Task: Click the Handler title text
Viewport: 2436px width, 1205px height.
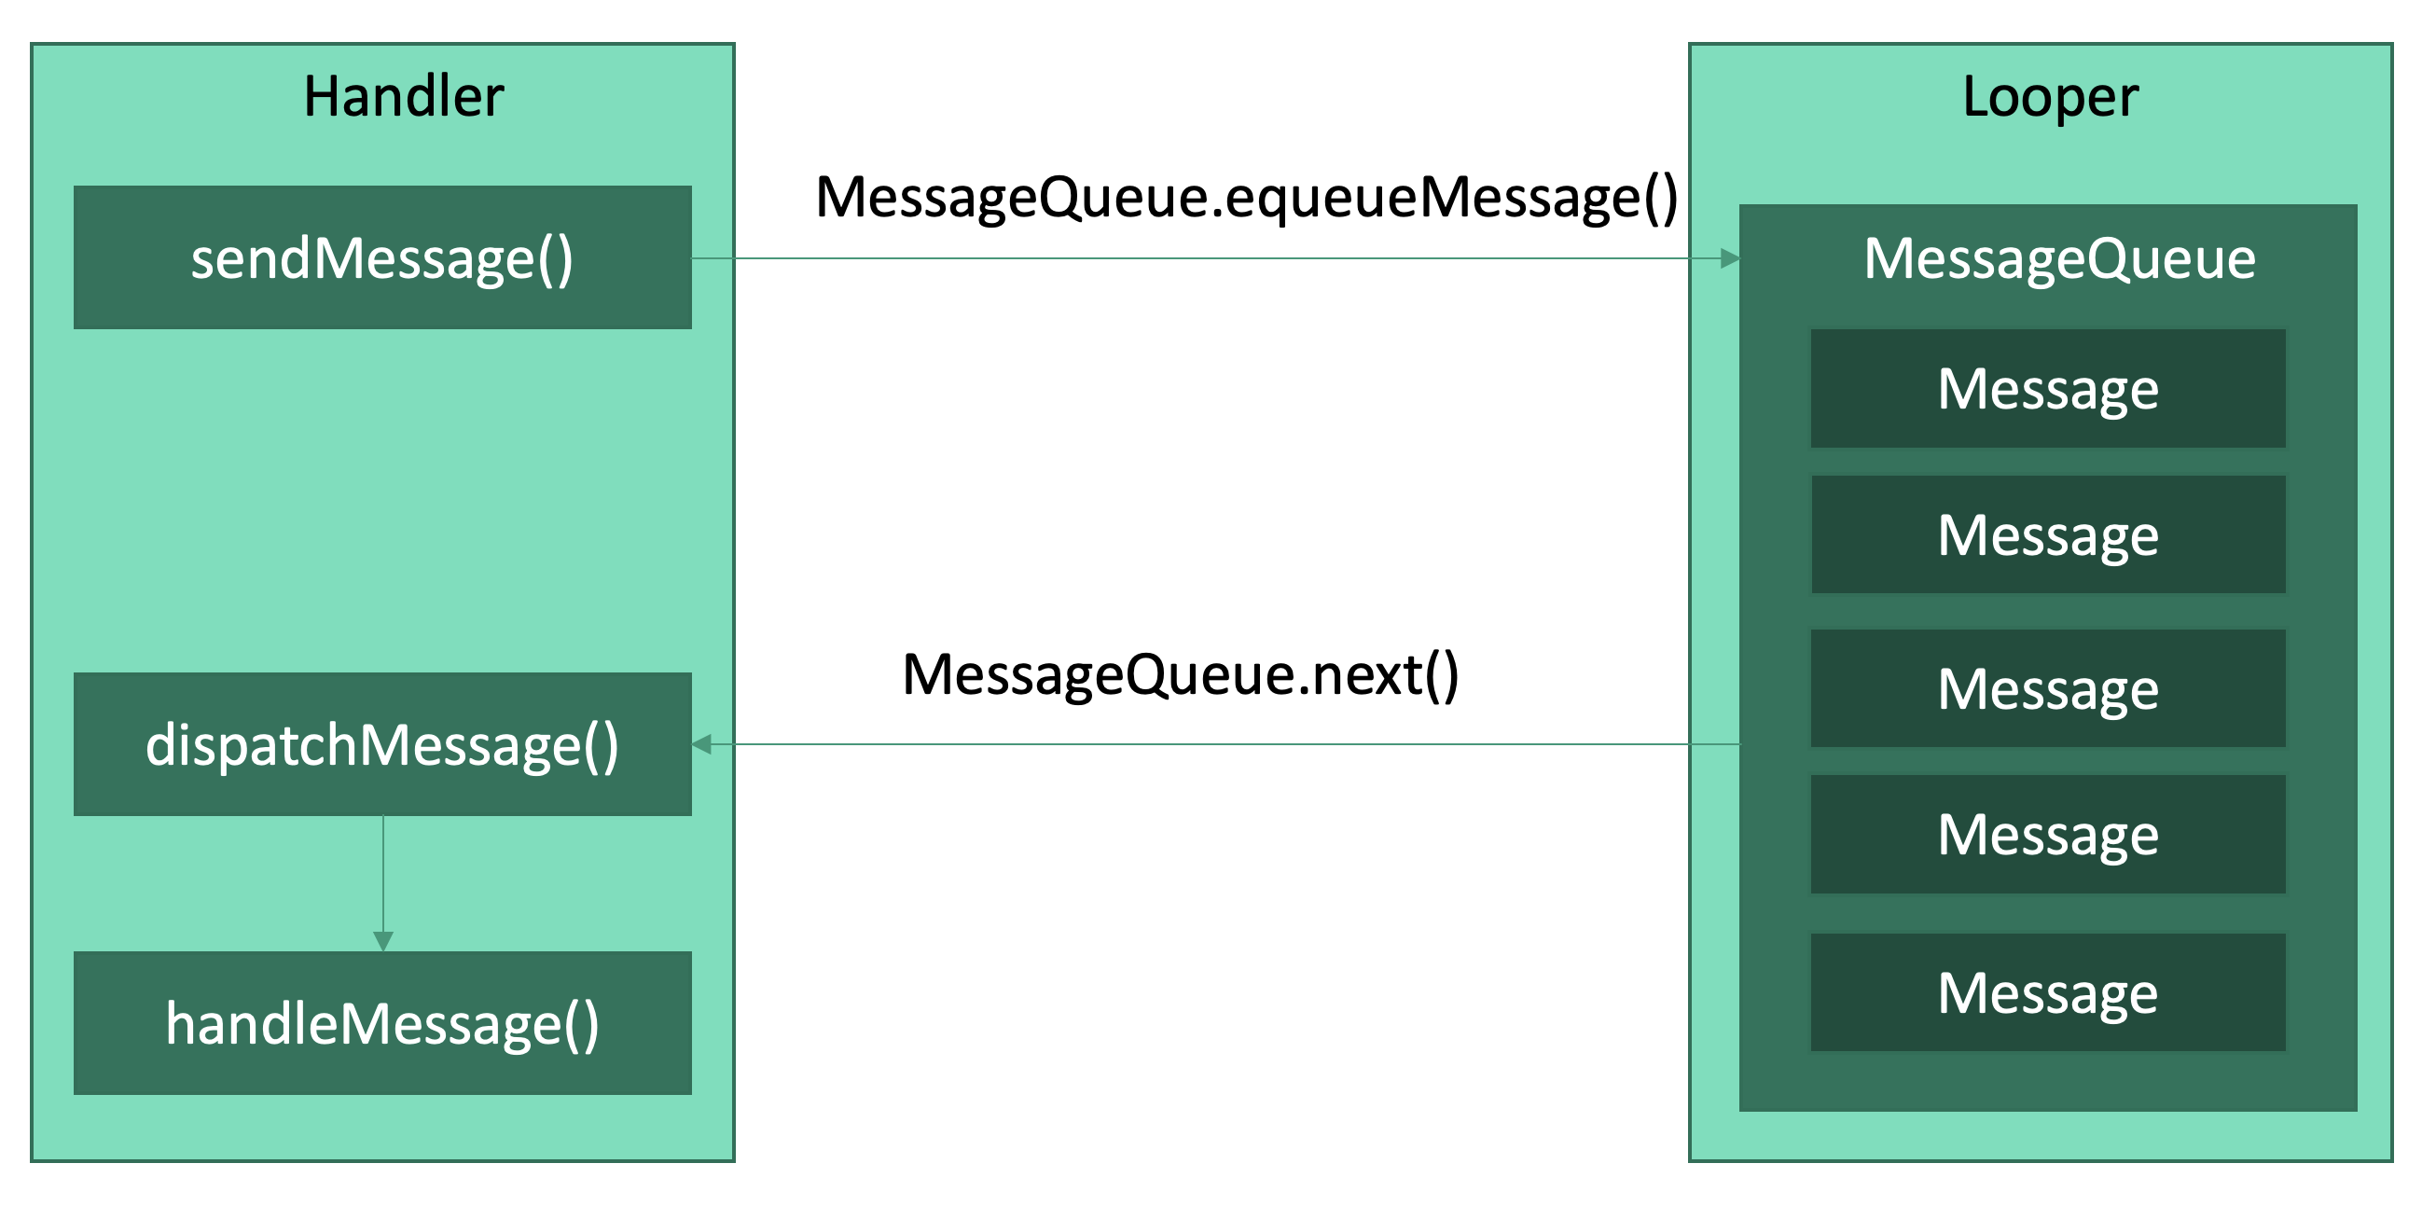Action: pos(404,96)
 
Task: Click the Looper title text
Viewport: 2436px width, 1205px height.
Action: pos(2049,96)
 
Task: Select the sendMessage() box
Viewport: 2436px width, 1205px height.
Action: pos(382,258)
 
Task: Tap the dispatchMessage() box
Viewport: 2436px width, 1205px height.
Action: pos(382,745)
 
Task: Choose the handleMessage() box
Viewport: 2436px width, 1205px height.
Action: pos(382,1024)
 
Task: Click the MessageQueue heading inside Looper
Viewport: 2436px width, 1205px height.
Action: pos(2058,258)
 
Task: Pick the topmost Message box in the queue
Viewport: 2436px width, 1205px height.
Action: pos(2047,389)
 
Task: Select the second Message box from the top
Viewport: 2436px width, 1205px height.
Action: pos(2047,535)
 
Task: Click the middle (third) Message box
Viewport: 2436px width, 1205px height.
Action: pos(2047,688)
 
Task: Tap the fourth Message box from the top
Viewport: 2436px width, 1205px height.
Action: pos(2047,835)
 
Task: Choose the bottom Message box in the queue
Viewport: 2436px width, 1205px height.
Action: pos(2047,993)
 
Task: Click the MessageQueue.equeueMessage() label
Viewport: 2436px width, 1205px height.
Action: pos(1245,198)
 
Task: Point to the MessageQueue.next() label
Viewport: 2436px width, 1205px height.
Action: pos(1180,675)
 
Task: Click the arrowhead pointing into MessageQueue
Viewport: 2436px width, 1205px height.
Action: pos(1730,258)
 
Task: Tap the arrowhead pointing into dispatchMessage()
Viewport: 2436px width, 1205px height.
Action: pos(702,745)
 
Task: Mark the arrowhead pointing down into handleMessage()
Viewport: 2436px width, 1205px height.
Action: pos(383,941)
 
